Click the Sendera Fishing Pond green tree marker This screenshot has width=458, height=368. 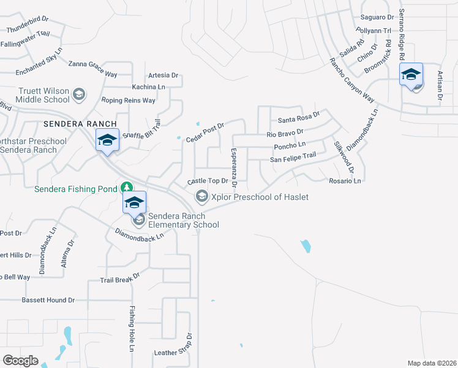pyautogui.click(x=126, y=187)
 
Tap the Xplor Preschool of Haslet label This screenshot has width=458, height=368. pyautogui.click(x=259, y=197)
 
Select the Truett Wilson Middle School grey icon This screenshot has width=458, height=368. pyautogui.click(x=78, y=94)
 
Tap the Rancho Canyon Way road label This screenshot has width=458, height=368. pyautogui.click(x=351, y=80)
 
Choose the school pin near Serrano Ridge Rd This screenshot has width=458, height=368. pyautogui.click(x=411, y=75)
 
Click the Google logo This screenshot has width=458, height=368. pyautogui.click(x=20, y=360)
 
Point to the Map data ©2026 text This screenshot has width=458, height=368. pyautogui.click(x=431, y=363)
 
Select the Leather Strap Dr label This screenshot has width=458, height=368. pyautogui.click(x=174, y=353)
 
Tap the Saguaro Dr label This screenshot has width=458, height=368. pyautogui.click(x=377, y=17)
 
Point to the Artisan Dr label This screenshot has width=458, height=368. pyautogui.click(x=440, y=85)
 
